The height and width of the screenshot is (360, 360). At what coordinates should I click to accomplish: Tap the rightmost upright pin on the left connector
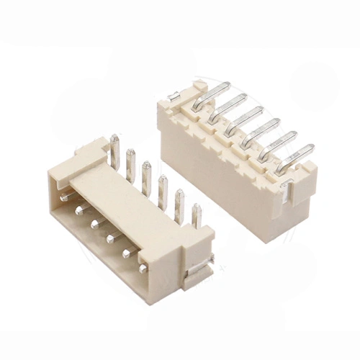pos(197,214)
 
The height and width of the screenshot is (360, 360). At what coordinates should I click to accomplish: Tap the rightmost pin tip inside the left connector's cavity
pos(143,269)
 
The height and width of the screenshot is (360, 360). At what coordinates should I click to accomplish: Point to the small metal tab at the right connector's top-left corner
pos(174,95)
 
